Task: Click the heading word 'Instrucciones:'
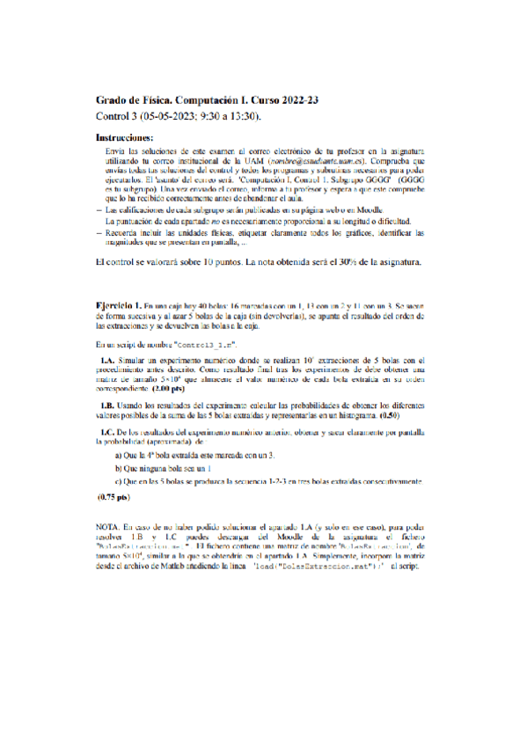pos(123,138)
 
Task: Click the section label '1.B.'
pos(109,404)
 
